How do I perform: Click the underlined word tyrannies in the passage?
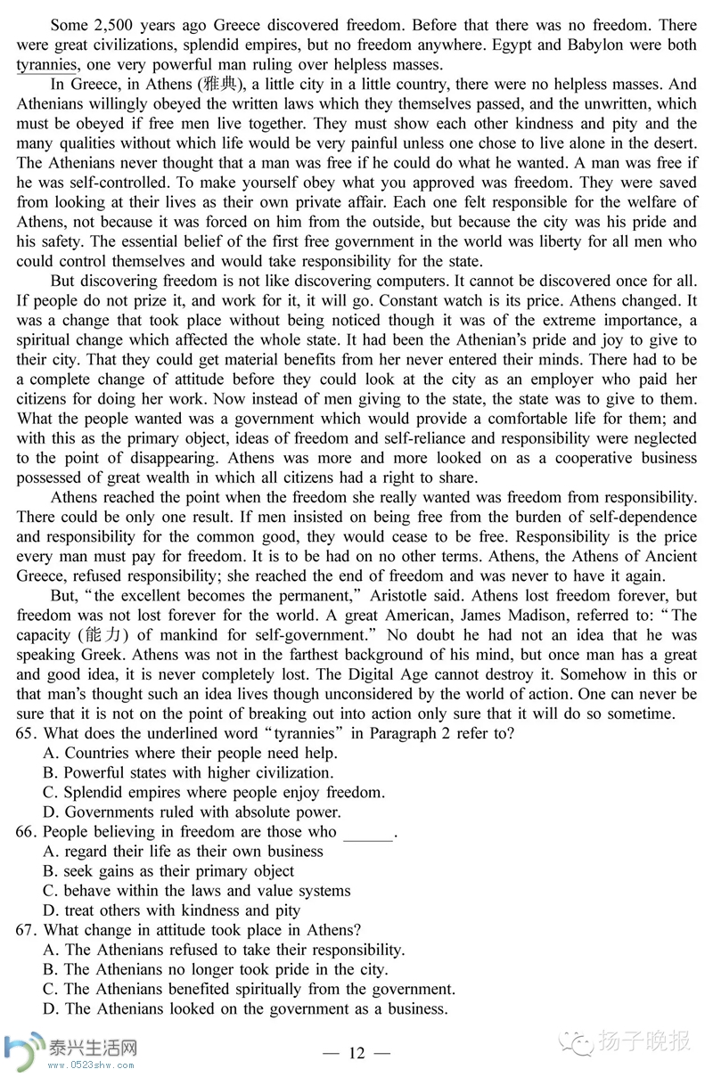[x=46, y=64]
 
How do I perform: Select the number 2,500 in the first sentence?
[x=111, y=24]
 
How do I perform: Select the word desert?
[x=669, y=143]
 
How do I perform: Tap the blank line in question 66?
[x=367, y=832]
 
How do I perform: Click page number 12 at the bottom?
[x=356, y=1054]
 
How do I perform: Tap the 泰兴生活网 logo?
[x=71, y=1049]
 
